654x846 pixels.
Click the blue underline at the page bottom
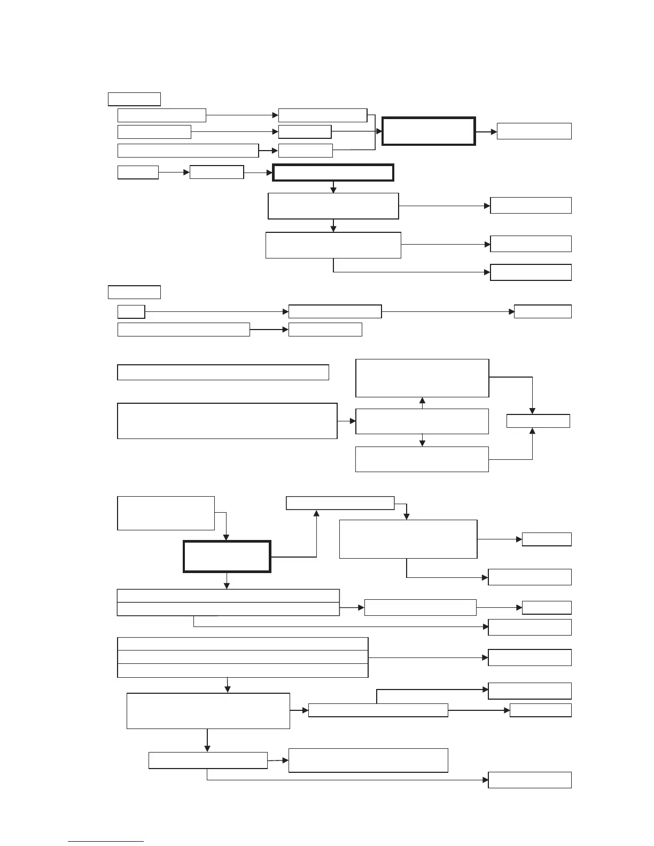106,841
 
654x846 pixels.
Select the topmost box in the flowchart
134,99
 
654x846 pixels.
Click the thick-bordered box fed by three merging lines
429,131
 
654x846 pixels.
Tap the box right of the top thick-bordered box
534,131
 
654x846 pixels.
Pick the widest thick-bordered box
333,173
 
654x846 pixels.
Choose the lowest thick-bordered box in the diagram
227,556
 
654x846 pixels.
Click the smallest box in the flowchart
131,311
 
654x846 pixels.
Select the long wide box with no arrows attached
223,372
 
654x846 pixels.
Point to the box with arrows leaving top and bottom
422,421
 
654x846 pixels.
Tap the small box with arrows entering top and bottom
538,421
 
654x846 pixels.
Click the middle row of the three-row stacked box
243,657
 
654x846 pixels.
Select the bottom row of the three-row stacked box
243,670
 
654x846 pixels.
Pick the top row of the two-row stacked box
228,596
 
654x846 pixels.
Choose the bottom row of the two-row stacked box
228,609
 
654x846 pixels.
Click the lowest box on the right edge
530,780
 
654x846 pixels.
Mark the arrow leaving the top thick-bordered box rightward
486,131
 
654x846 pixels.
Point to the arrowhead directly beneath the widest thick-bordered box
333,189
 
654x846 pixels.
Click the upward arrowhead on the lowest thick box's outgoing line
316,513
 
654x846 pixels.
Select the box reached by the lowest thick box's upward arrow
340,503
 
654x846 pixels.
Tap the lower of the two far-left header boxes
134,292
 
